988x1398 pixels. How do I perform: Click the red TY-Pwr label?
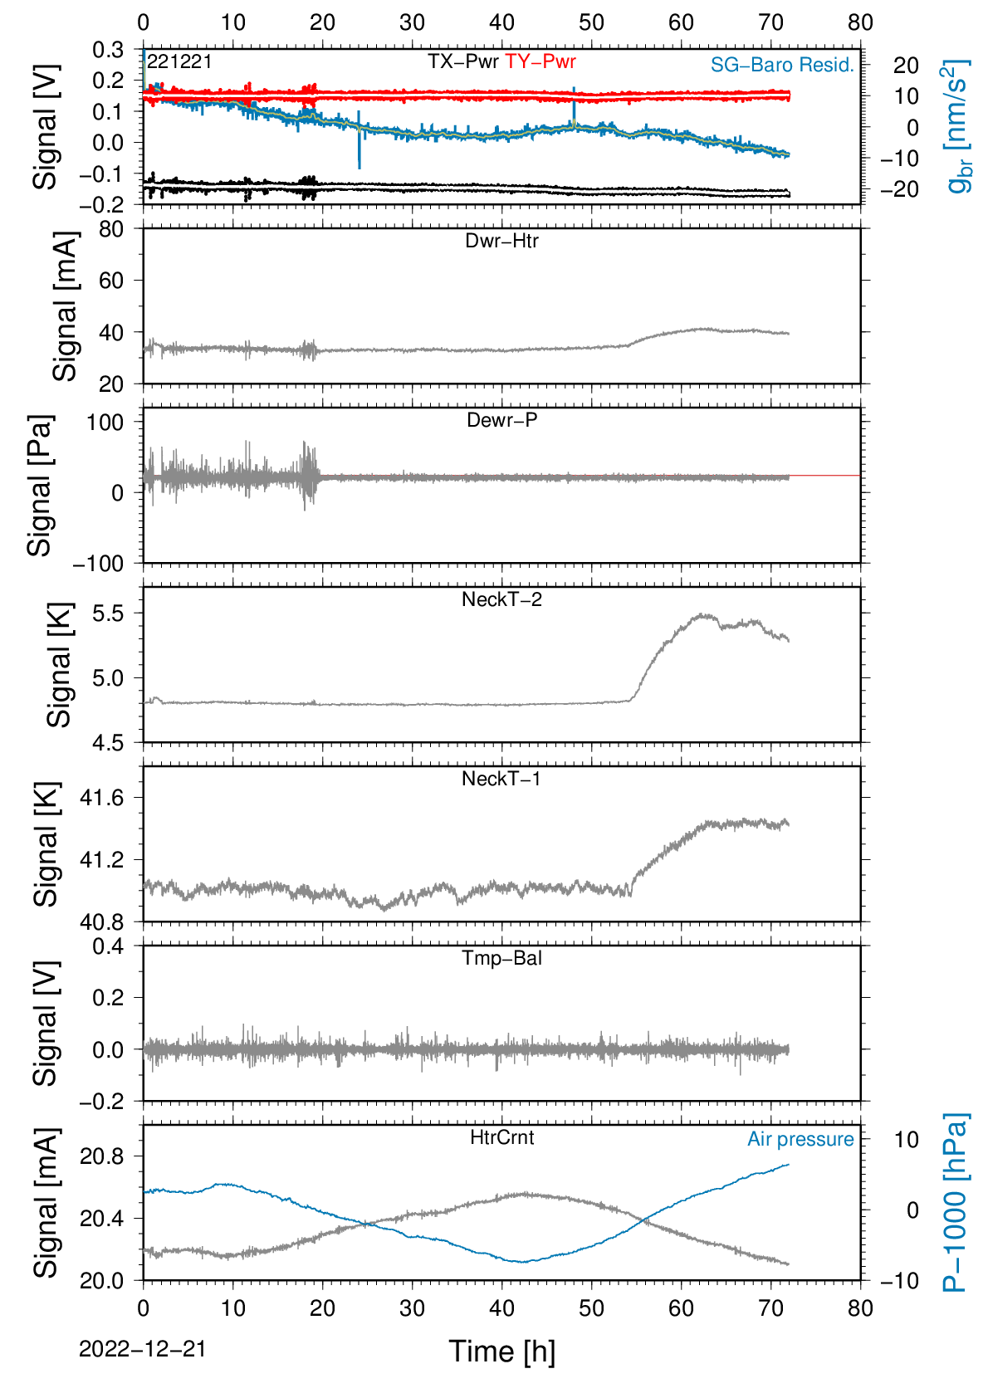point(540,61)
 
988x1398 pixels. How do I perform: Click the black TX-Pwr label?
point(462,61)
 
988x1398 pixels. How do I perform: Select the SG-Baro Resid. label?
point(782,65)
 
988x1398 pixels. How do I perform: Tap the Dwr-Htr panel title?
point(501,241)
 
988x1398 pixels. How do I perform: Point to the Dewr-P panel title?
point(501,420)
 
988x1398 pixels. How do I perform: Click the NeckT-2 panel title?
point(501,599)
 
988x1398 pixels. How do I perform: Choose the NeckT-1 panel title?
point(501,778)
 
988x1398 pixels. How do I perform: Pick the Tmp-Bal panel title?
point(501,957)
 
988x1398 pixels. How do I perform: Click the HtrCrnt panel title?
point(501,1136)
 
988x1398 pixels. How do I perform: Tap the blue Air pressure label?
point(800,1139)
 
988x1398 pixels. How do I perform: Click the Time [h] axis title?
point(501,1352)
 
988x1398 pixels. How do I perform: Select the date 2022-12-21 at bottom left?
point(142,1349)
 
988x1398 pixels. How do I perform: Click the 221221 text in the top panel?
point(180,61)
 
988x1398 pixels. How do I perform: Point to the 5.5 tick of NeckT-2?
point(108,613)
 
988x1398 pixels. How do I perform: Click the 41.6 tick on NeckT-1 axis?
point(102,798)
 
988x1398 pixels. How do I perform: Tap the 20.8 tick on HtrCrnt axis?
point(102,1156)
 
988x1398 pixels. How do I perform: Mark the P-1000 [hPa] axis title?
point(955,1202)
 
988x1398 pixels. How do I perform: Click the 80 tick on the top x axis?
point(860,22)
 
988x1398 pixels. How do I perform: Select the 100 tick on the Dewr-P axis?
point(105,423)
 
